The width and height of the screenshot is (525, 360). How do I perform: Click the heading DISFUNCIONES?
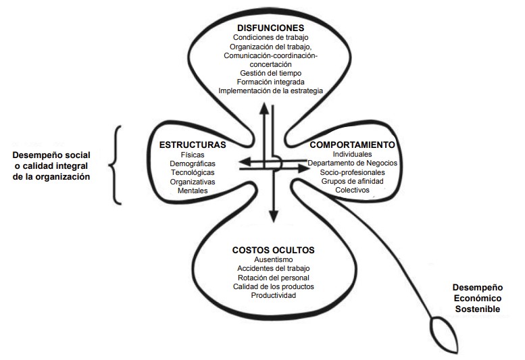click(x=270, y=28)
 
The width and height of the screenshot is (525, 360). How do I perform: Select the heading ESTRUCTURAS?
click(x=193, y=145)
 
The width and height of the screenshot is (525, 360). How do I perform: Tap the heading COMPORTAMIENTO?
click(x=352, y=145)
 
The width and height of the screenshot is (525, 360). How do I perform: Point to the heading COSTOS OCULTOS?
click(x=273, y=251)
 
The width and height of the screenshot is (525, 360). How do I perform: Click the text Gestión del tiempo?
click(x=270, y=73)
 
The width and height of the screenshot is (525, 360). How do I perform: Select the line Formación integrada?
click(x=270, y=82)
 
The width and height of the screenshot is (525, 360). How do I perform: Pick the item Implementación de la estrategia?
click(x=270, y=91)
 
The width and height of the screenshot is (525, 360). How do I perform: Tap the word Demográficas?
click(x=193, y=163)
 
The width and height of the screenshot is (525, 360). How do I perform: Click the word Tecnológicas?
click(x=193, y=173)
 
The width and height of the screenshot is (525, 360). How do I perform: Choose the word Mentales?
click(x=193, y=190)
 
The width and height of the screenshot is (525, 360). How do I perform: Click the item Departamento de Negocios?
click(x=352, y=163)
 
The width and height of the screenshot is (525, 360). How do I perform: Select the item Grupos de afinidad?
click(x=352, y=181)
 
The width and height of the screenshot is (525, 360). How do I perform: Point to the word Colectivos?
click(x=352, y=190)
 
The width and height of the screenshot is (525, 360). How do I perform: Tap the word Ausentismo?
click(x=273, y=259)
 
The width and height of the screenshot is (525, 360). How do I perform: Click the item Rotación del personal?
click(x=273, y=278)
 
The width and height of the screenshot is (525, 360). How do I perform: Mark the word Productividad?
click(x=273, y=295)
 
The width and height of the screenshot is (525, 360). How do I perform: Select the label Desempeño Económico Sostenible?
click(x=478, y=298)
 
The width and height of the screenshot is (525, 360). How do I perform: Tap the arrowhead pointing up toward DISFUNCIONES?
click(x=264, y=109)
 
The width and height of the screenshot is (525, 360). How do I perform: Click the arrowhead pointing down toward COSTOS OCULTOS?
click(x=274, y=216)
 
